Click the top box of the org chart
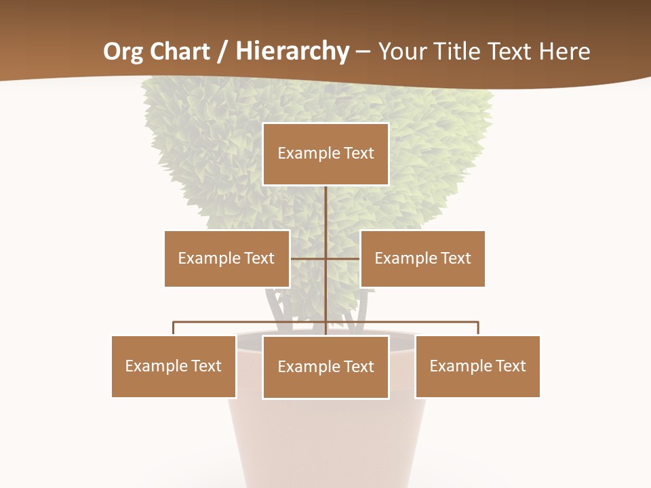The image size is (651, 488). [x=325, y=154]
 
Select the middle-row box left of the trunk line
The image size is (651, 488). [x=226, y=258]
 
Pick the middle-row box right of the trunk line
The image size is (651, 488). [x=422, y=258]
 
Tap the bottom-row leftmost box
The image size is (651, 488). [x=174, y=366]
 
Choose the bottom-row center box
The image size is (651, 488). [x=325, y=367]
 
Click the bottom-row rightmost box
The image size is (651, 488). [x=477, y=366]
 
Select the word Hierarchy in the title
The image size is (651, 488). [x=292, y=52]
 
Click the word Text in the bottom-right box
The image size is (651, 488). [x=510, y=366]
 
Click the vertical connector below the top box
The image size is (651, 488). [x=325, y=210]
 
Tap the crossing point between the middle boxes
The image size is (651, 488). [x=325, y=258]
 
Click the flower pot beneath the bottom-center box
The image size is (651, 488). [x=325, y=441]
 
